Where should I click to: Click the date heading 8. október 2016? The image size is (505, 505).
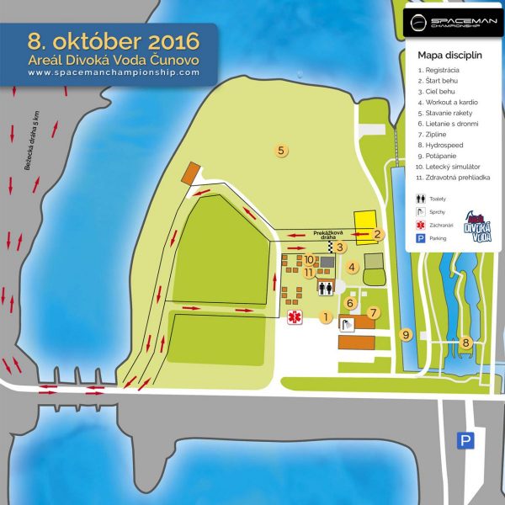[x=114, y=40]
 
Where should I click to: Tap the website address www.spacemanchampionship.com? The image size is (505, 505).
[x=114, y=72]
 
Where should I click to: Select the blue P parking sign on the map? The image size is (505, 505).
[x=464, y=440]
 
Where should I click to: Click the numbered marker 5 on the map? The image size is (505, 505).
[x=283, y=151]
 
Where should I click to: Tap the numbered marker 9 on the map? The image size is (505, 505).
[x=405, y=335]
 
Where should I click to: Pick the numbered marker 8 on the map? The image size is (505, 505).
[x=465, y=342]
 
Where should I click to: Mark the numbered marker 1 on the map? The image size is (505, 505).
[x=325, y=316]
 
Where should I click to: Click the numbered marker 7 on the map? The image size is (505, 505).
[x=374, y=312]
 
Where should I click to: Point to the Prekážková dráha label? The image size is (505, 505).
[x=325, y=235]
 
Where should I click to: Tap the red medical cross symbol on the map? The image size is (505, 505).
[x=295, y=317]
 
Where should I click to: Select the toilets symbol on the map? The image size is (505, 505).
[x=326, y=288]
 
